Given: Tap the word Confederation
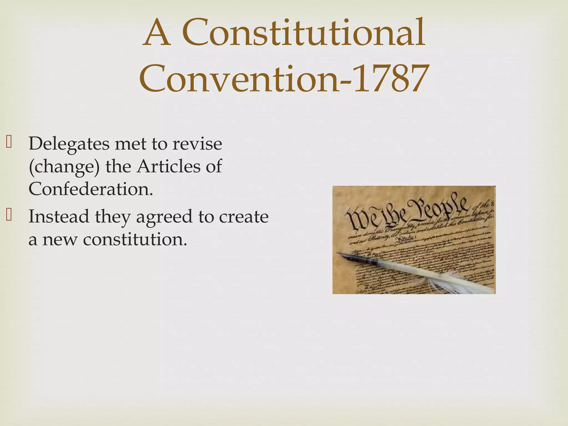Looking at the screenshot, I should [x=91, y=189].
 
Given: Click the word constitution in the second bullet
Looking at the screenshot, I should [x=135, y=239].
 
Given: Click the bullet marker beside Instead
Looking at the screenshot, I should [x=9, y=215].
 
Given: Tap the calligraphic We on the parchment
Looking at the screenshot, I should [x=358, y=220].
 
